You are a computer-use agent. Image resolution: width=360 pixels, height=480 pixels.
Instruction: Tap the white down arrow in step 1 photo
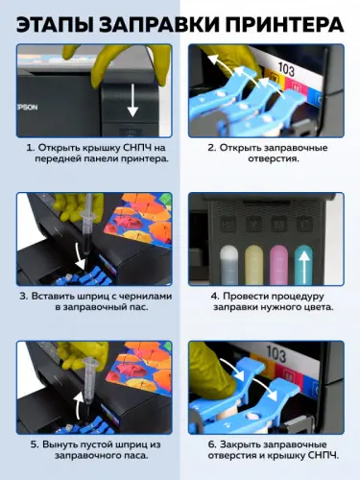tap(132, 101)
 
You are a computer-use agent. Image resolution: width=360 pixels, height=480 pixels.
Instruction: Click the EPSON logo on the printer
tap(27, 108)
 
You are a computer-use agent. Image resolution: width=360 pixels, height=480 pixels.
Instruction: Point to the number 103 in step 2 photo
tap(286, 69)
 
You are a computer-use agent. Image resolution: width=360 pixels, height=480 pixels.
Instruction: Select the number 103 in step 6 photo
tap(276, 354)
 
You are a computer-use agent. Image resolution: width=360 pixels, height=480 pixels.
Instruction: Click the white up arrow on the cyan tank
tap(306, 267)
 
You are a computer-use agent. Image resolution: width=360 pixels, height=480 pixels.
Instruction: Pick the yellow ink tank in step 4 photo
tap(253, 265)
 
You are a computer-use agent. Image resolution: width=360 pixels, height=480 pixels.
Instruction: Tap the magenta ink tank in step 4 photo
tap(278, 265)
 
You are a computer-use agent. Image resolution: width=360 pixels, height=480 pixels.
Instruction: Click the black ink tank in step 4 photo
tap(228, 265)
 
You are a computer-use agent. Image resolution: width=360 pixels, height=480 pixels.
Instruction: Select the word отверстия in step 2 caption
tap(274, 158)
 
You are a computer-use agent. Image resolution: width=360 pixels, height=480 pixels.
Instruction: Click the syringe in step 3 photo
tap(87, 228)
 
